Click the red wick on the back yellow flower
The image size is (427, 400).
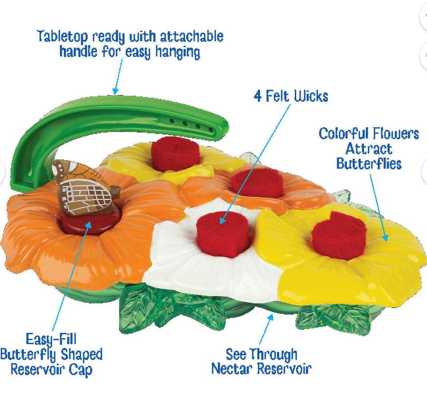tap(175, 154)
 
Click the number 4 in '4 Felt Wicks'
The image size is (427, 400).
tap(258, 96)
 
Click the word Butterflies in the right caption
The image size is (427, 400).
tap(369, 163)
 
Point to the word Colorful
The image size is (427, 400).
tap(344, 133)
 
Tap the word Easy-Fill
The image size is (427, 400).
tap(51, 340)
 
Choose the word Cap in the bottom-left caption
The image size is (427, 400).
tap(81, 369)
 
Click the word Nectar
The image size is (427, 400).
tap(232, 368)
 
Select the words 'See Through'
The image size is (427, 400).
tap(261, 354)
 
